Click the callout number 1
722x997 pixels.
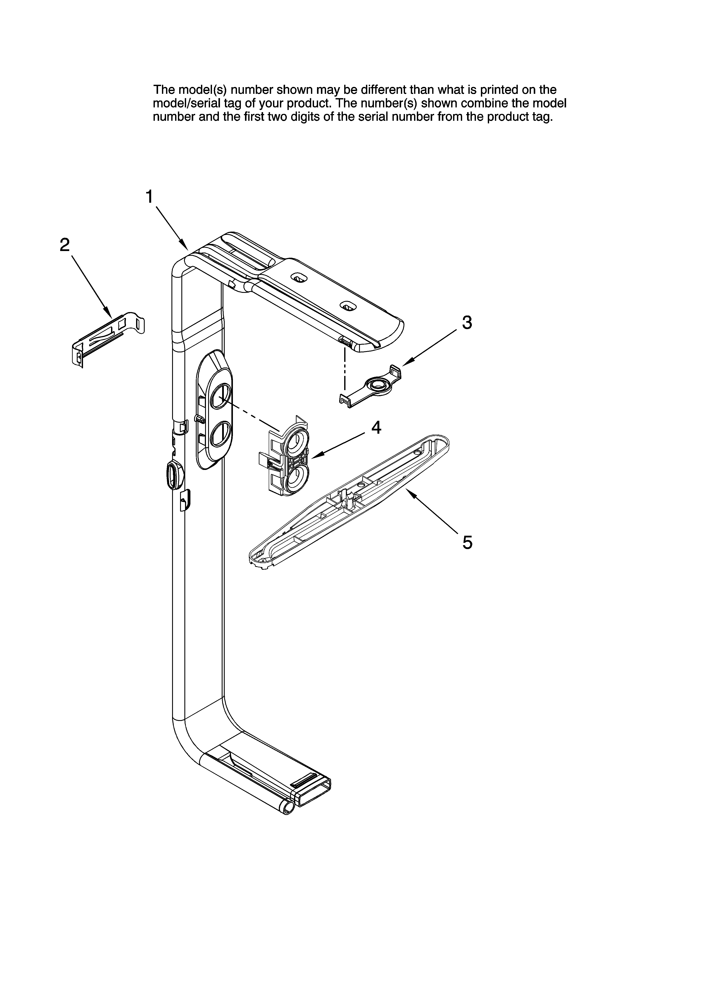[149, 197]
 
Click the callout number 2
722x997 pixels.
[65, 245]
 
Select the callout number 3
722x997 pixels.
[467, 323]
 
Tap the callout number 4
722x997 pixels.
[376, 427]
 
